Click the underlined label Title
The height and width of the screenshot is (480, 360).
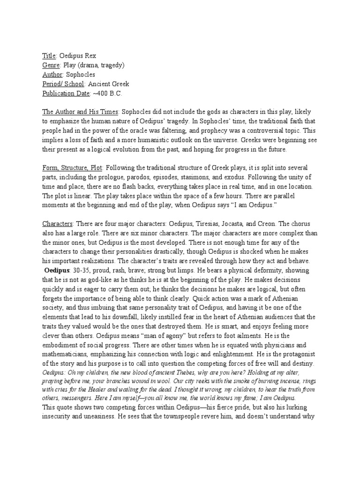[49, 55]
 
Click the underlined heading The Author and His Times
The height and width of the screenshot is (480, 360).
[80, 112]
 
